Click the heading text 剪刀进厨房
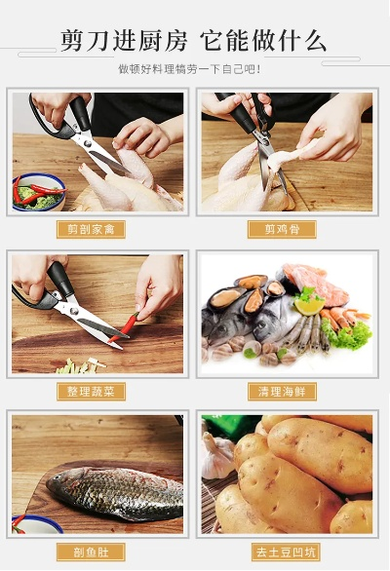124,41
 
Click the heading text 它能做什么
263,41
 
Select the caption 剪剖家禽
91,230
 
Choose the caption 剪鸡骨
281,230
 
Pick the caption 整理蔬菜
91,391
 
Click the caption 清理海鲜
281,391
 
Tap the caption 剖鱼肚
91,552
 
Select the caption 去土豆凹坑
281,552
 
